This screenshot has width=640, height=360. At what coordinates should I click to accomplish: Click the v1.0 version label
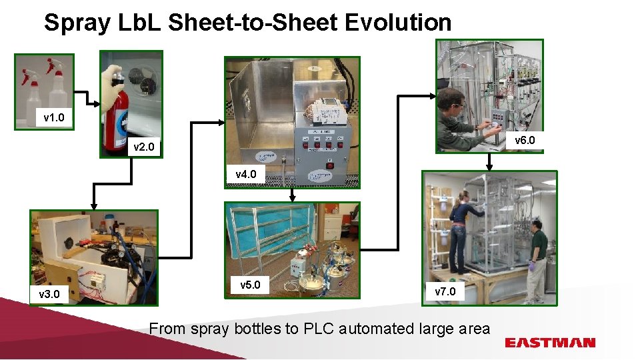click(x=54, y=118)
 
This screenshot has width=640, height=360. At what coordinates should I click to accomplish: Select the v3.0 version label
click(x=49, y=294)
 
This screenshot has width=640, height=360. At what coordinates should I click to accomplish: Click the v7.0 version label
click(x=445, y=291)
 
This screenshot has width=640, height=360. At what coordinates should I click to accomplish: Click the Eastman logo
click(x=550, y=343)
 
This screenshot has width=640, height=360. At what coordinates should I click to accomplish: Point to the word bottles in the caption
click(x=257, y=328)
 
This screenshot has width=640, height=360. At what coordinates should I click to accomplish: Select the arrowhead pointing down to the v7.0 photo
click(x=490, y=166)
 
